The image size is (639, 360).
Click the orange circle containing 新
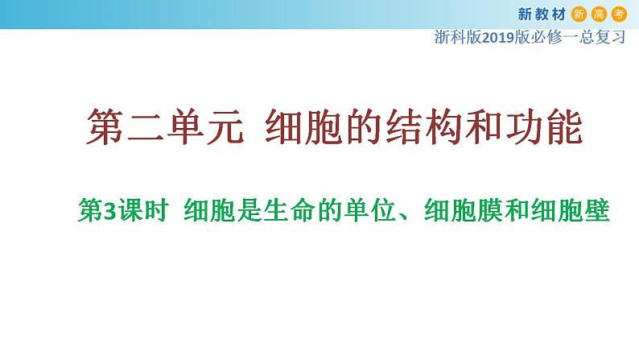(x=579, y=14)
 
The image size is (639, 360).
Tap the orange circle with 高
(x=599, y=14)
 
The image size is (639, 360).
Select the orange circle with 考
(x=619, y=14)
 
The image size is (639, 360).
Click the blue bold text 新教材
(x=542, y=14)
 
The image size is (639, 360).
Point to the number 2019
(x=498, y=38)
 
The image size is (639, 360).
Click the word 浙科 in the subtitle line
(x=451, y=37)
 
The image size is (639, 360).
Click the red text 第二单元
(x=165, y=126)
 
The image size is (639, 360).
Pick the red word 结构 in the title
(x=424, y=126)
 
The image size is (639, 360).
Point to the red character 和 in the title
(x=484, y=126)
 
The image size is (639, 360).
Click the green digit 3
(x=109, y=211)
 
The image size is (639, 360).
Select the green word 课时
(x=142, y=210)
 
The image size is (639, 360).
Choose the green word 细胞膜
(x=464, y=210)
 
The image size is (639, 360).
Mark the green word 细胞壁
(x=571, y=210)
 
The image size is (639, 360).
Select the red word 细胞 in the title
(x=303, y=126)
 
